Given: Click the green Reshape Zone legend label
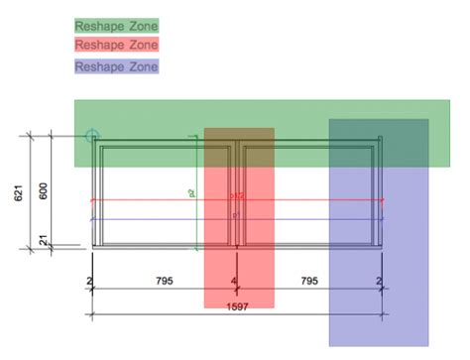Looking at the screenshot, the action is click(x=116, y=25).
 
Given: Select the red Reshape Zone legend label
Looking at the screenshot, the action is click(x=116, y=45).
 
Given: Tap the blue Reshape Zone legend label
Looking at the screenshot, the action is click(x=116, y=66).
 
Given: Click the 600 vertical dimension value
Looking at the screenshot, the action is click(x=43, y=190).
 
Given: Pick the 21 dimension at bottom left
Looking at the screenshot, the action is click(x=43, y=239).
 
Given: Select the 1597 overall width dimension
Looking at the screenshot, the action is click(x=235, y=306).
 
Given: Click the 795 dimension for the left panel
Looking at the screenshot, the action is click(x=165, y=282).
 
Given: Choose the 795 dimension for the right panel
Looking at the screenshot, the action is click(x=309, y=282).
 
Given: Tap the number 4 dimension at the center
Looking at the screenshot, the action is click(x=235, y=283).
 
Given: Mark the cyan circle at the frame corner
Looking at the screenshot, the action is click(x=92, y=135).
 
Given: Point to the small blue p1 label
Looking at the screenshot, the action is click(x=236, y=214).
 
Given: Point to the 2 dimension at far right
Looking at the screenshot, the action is click(x=380, y=283).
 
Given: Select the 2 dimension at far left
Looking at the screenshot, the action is click(x=90, y=283).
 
